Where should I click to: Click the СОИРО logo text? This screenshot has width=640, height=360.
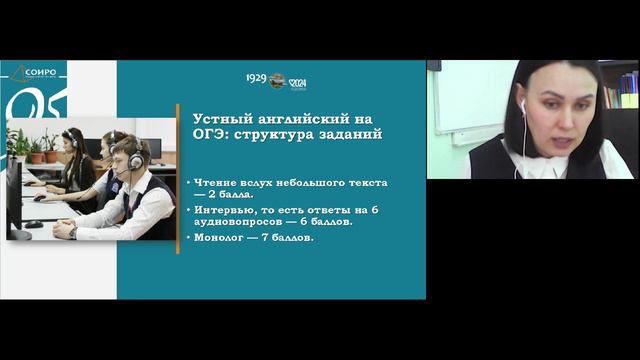(x=39, y=71)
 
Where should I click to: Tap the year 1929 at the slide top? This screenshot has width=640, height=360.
(x=256, y=78)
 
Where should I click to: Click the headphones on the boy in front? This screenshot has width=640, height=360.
(x=135, y=160)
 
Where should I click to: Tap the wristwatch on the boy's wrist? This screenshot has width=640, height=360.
(x=73, y=231)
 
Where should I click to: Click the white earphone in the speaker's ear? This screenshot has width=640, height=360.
(x=522, y=103)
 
